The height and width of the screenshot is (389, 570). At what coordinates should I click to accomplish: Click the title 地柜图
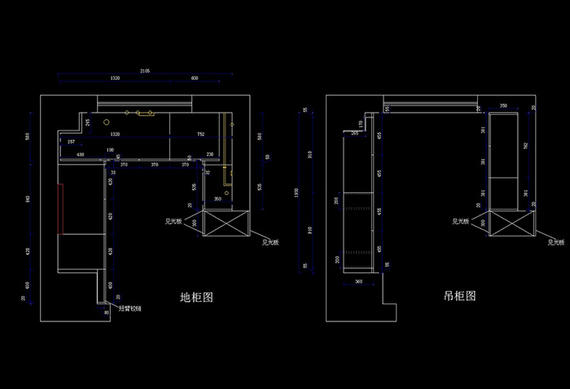(x=196, y=298)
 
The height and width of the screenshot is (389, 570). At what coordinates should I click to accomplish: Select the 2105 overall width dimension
(x=144, y=71)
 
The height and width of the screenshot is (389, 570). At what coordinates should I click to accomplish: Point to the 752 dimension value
(x=200, y=134)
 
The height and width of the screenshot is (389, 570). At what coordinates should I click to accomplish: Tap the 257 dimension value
(x=72, y=142)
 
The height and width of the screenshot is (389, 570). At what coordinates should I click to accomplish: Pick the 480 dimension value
(x=80, y=154)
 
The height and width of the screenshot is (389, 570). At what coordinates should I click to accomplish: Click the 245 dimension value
(x=88, y=122)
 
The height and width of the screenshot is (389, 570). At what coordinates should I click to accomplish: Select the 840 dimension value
(x=28, y=198)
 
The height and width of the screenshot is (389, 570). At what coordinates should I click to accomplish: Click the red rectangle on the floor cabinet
(x=61, y=209)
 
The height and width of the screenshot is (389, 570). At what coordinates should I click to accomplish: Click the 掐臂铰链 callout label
(x=130, y=308)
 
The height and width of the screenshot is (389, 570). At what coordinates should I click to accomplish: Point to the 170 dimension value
(x=362, y=124)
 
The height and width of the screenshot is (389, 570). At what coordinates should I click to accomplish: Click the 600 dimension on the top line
(x=195, y=78)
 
